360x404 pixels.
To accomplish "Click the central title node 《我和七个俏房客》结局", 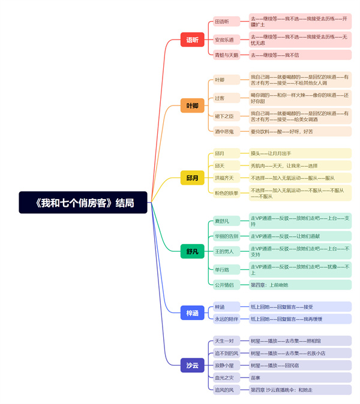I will click(83, 203).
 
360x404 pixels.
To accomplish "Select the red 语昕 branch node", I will click(192, 40).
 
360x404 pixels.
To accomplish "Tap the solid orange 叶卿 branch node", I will click(192, 106).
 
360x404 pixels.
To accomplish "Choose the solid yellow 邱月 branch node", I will click(192, 178).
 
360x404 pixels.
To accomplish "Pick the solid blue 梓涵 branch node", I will click(192, 312).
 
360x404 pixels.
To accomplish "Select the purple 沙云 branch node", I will click(192, 365).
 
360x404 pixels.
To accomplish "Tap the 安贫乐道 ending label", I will click(225, 40).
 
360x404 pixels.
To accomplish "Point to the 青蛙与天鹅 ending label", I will click(227, 55).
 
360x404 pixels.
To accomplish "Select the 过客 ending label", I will click(220, 98).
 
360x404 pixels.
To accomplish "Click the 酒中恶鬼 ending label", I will click(225, 131).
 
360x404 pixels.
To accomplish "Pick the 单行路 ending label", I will click(223, 269).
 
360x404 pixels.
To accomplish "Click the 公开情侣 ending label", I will click(224, 285).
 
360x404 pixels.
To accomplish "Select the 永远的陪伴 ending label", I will click(227, 319).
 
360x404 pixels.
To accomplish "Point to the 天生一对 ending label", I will click(224, 341).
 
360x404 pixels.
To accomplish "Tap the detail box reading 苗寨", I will click(256, 378).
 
